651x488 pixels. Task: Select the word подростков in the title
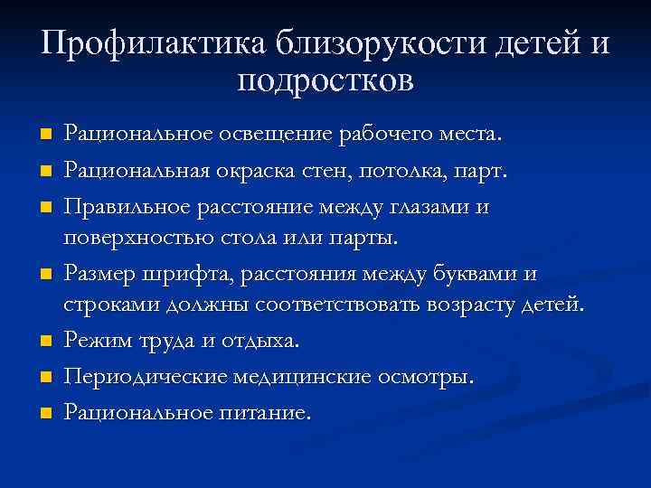(325, 82)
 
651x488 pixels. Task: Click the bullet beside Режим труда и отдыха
(45, 343)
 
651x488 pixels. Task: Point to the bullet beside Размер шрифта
(45, 274)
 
